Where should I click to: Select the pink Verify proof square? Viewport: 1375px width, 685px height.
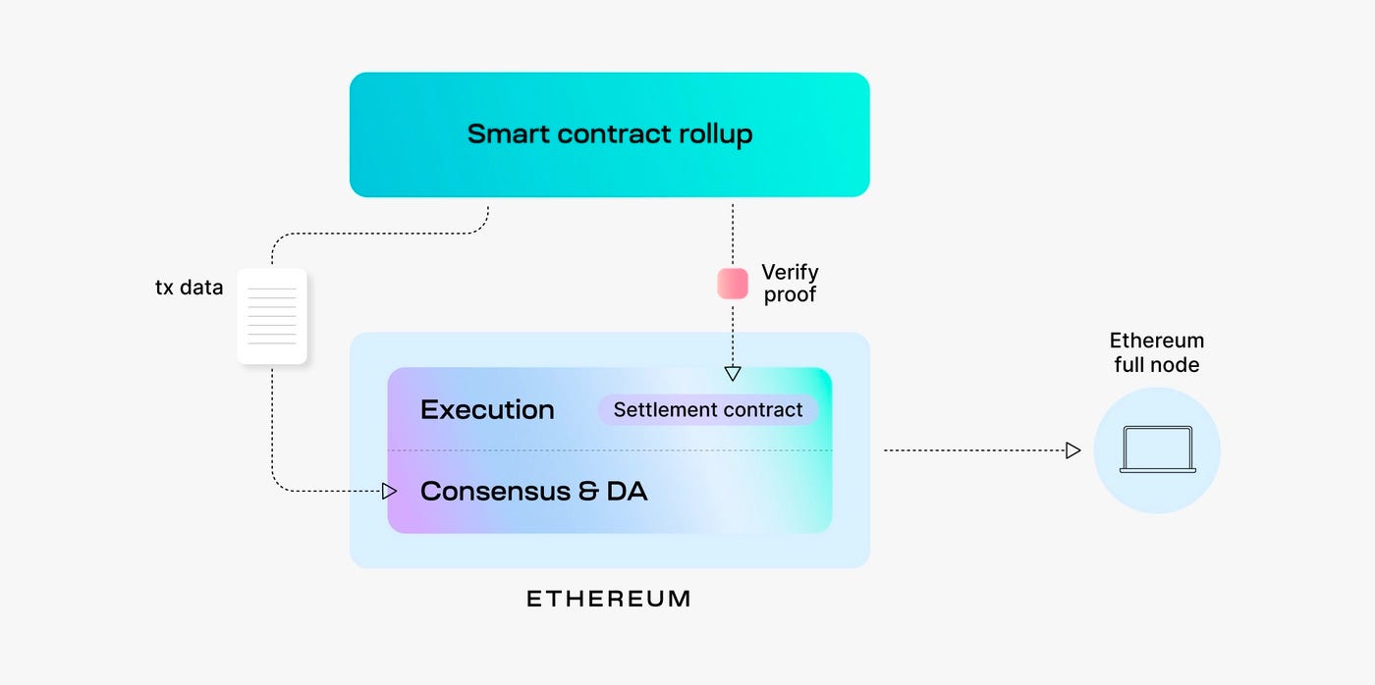point(733,283)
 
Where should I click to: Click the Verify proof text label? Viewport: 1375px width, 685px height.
point(790,283)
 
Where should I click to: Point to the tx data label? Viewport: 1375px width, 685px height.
point(189,288)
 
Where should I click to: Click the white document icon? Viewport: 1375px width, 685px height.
point(272,316)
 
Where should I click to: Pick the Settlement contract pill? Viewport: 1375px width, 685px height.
point(707,410)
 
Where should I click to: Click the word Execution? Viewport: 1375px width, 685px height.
point(487,410)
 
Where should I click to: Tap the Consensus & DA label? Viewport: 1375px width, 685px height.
point(533,491)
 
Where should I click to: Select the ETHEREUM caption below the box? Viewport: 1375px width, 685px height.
point(609,599)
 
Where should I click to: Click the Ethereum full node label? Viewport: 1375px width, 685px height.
point(1156,352)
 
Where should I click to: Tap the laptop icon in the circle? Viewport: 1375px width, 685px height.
point(1157,450)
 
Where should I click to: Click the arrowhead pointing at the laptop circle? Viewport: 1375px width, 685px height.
point(1072,450)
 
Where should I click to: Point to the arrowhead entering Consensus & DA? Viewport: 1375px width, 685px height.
point(390,490)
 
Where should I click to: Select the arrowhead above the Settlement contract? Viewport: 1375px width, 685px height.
point(733,373)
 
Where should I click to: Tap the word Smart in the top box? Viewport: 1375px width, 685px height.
point(505,134)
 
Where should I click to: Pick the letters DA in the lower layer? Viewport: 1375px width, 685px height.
point(627,491)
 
